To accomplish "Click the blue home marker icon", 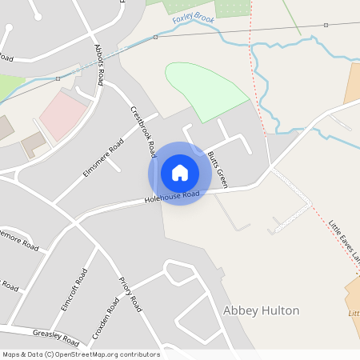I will pyautogui.click(x=180, y=173).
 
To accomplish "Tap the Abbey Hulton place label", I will pyautogui.click(x=261, y=310).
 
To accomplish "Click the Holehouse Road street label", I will pyautogui.click(x=171, y=195).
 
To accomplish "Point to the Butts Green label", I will pyautogui.click(x=217, y=169).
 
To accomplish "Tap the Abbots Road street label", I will pyautogui.click(x=99, y=64).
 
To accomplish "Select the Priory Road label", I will pyautogui.click(x=130, y=294).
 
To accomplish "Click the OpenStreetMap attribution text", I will pyautogui.click(x=81, y=354).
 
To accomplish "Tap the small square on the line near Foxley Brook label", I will pyautogui.click(x=156, y=37).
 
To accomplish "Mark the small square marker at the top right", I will pyautogui.click(x=326, y=26).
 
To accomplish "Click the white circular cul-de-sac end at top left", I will pyautogui.click(x=8, y=27).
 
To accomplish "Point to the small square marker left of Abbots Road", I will pyautogui.click(x=58, y=78).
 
